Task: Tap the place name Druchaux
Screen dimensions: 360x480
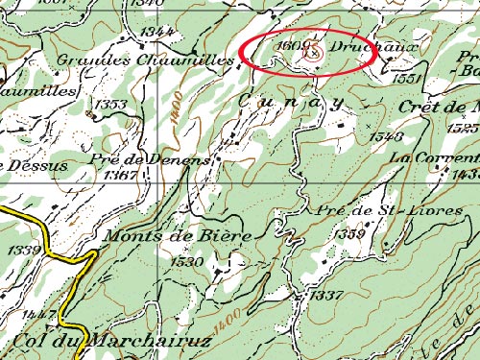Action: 356,46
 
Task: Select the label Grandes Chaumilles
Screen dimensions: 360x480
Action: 146,60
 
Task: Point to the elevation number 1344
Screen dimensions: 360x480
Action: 155,32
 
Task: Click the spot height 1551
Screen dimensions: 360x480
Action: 408,79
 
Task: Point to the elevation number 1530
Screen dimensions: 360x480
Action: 189,260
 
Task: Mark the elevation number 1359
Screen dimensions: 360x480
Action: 347,234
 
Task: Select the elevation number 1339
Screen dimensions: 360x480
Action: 24,251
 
